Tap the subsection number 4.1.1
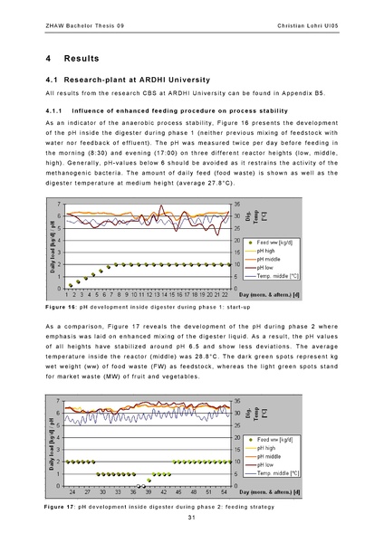click(x=56, y=110)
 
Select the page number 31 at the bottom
click(x=192, y=529)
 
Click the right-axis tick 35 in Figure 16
click(x=237, y=205)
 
